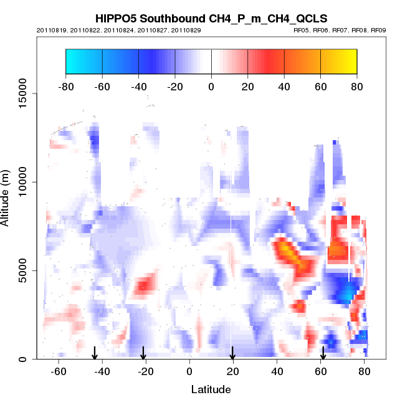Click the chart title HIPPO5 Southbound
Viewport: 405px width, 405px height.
point(211,19)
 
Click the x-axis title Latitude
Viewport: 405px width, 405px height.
point(211,389)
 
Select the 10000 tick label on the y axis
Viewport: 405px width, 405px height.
point(22,182)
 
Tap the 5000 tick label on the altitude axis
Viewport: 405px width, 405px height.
point(22,270)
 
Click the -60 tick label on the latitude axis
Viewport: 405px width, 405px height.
point(59,372)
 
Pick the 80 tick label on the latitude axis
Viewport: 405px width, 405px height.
point(364,372)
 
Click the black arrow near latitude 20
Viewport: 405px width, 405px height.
point(232,353)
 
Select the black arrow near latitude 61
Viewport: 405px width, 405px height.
point(323,353)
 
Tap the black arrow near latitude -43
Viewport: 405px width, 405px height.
point(95,353)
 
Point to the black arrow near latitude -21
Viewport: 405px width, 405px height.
point(143,353)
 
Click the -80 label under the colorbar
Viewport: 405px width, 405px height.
point(65,86)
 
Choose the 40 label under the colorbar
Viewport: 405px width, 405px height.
point(284,86)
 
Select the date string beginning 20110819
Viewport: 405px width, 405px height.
point(118,30)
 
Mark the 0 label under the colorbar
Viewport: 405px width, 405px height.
point(211,86)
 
